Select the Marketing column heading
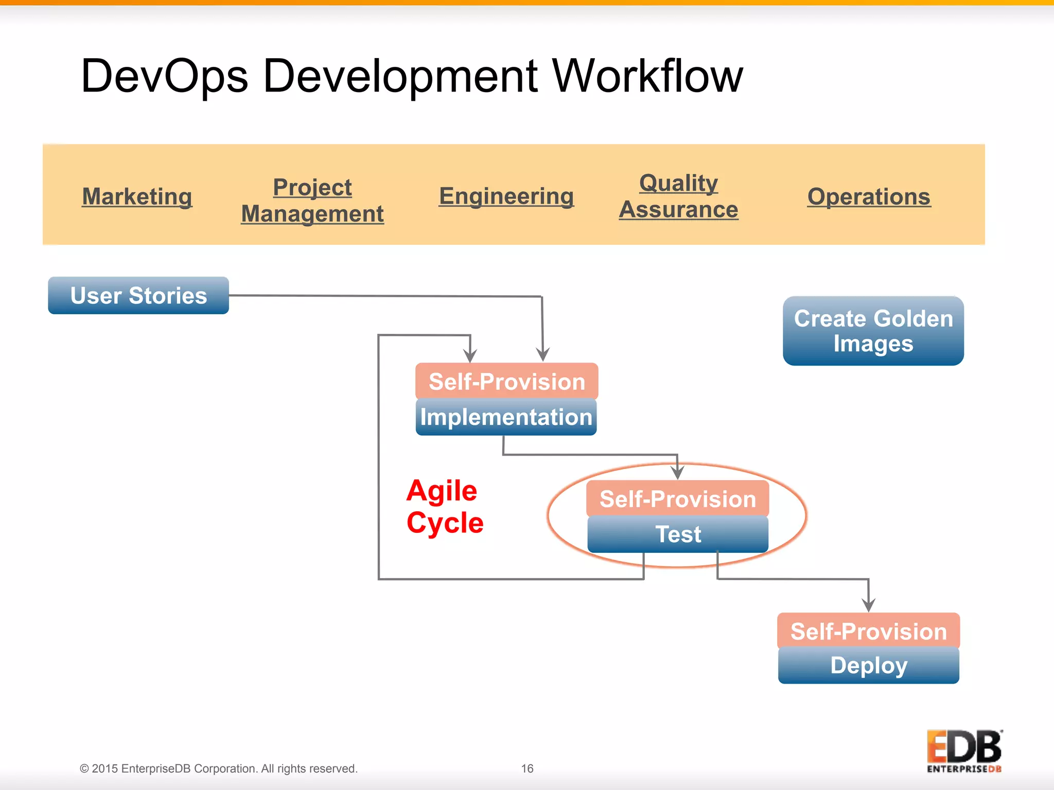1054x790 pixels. pos(137,196)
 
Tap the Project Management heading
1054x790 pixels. pos(312,201)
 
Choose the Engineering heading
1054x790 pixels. pos(506,196)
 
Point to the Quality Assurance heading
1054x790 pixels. pos(678,196)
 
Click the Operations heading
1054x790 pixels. pos(869,196)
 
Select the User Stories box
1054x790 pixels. pos(138,296)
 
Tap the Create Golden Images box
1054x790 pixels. pos(873,331)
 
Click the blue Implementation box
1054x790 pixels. pos(506,417)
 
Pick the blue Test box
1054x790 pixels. pos(678,534)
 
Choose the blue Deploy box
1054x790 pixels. pos(869,666)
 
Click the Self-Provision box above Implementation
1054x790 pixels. pos(506,382)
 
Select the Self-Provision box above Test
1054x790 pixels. pos(678,499)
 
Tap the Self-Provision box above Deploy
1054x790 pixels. pos(869,631)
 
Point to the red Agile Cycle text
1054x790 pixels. pos(445,507)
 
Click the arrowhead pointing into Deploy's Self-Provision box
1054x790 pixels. pos(869,605)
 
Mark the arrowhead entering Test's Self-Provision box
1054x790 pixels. pos(678,472)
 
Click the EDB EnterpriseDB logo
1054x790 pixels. pos(964,751)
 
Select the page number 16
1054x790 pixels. pos(527,768)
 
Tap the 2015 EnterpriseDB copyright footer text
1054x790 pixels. pos(218,768)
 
